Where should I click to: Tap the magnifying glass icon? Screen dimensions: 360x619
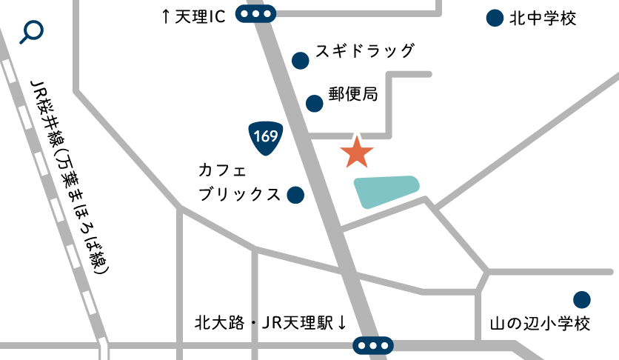pyautogui.click(x=33, y=32)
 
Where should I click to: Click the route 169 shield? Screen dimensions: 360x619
pyautogui.click(x=264, y=138)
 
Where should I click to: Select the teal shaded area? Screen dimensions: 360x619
pyautogui.click(x=387, y=191)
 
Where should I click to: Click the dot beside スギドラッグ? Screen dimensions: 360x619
pyautogui.click(x=300, y=60)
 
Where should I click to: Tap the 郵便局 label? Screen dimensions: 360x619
pyautogui.click(x=353, y=95)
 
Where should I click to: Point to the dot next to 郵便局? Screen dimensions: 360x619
pyautogui.click(x=315, y=102)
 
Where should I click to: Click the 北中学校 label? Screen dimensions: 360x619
pyautogui.click(x=543, y=19)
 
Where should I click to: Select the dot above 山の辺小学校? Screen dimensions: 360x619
pyautogui.click(x=582, y=299)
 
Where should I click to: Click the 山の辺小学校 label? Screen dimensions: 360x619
pyautogui.click(x=540, y=324)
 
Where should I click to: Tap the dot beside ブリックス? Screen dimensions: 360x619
pyautogui.click(x=295, y=195)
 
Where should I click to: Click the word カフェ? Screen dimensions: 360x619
pyautogui.click(x=222, y=170)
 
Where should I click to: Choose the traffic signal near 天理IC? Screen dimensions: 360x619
pyautogui.click(x=256, y=14)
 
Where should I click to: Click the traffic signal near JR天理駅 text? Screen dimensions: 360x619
pyautogui.click(x=373, y=345)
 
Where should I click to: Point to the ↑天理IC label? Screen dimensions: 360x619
pyautogui.click(x=193, y=17)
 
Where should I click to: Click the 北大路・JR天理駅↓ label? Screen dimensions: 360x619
pyautogui.click(x=271, y=323)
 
